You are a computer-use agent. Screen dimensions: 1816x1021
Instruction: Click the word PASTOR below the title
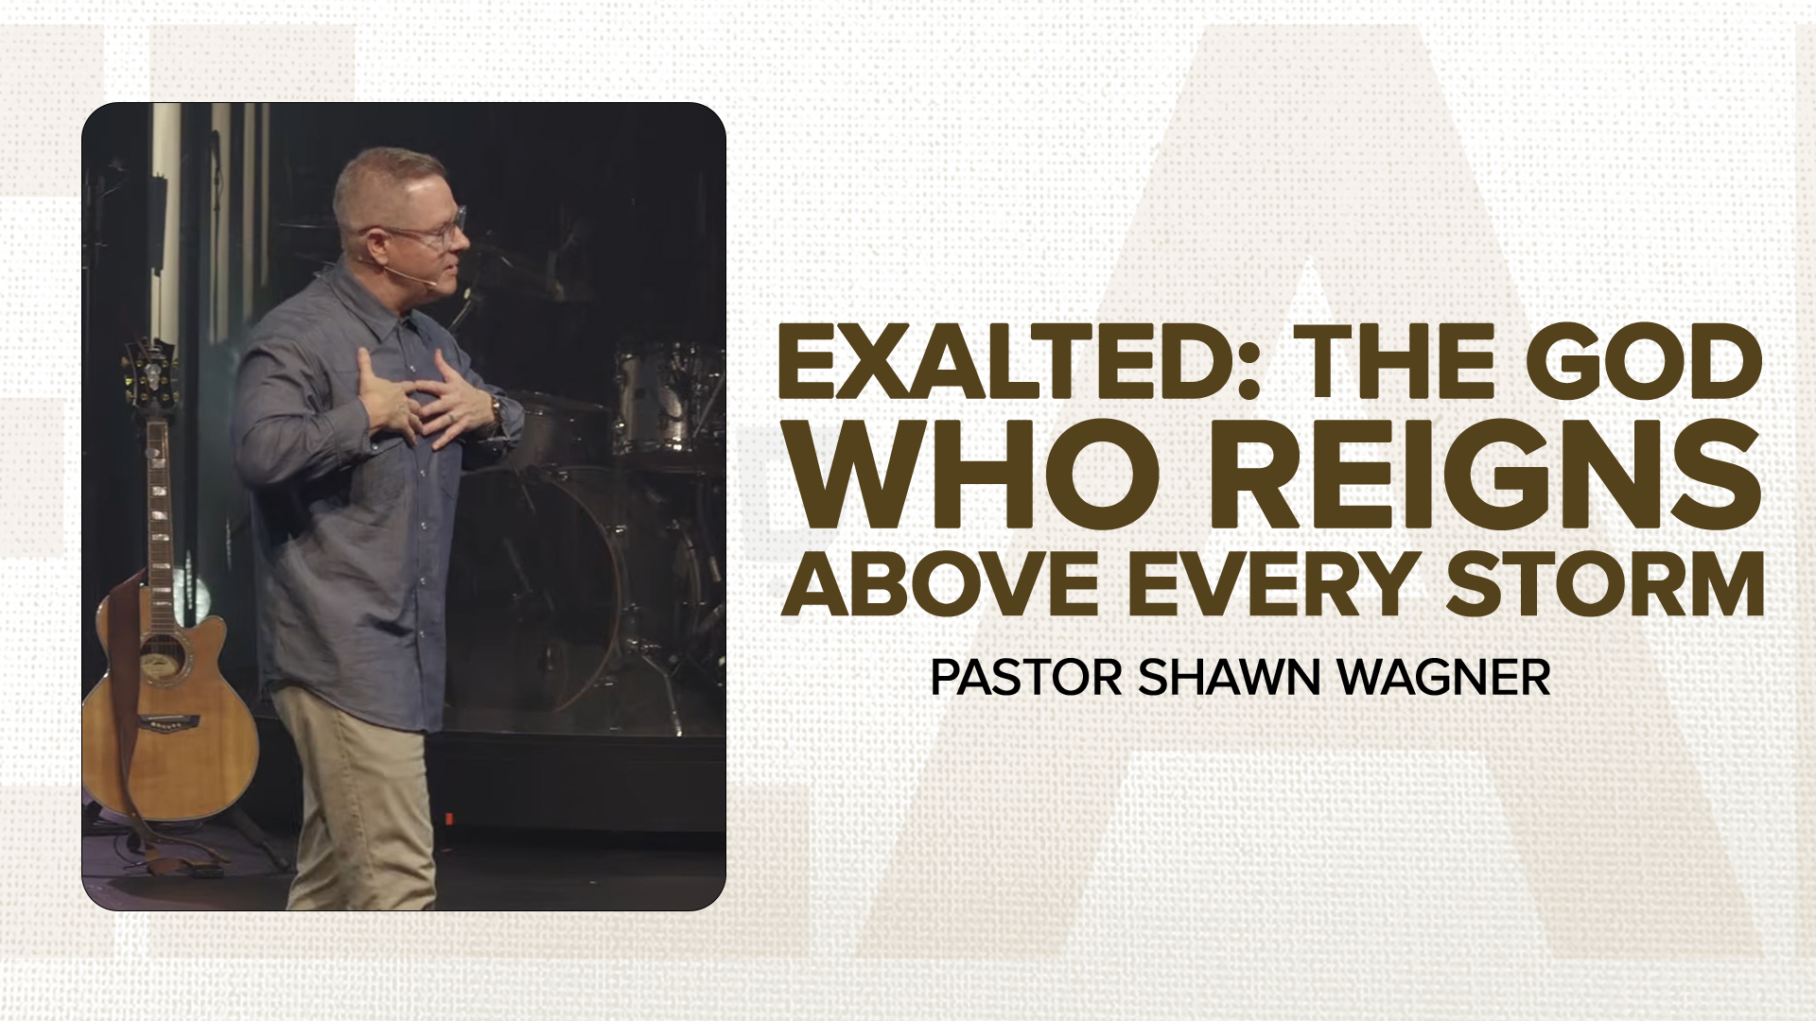(x=1025, y=677)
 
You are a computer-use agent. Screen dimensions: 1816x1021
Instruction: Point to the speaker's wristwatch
(x=496, y=408)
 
